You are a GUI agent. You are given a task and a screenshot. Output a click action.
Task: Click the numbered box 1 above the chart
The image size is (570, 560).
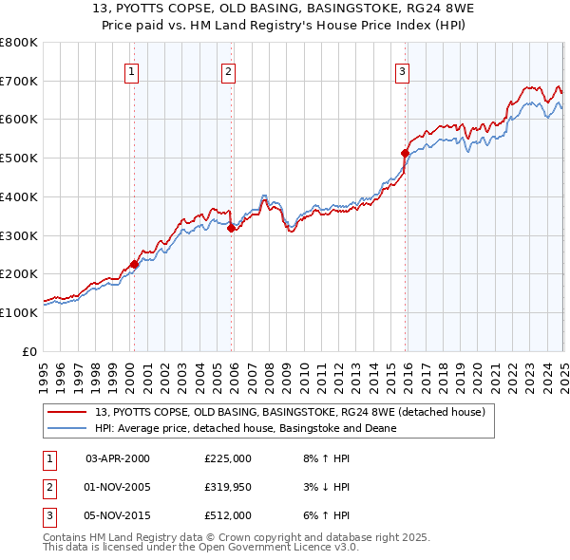pos(131,70)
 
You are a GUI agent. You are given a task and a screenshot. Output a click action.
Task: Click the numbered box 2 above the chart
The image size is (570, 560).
pos(229,70)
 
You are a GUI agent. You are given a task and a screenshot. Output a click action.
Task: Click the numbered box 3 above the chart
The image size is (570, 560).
pos(403,70)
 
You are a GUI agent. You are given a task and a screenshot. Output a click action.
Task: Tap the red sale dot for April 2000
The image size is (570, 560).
pos(134,265)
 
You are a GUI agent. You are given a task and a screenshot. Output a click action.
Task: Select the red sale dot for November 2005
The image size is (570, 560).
pos(232,228)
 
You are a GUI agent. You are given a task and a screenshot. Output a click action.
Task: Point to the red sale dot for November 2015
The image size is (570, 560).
pos(406,153)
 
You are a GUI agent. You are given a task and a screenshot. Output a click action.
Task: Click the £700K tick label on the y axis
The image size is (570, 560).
pos(20,82)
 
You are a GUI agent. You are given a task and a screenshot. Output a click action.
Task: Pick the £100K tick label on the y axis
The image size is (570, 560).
pos(20,312)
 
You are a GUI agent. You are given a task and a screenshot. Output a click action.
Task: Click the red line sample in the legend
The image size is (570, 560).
pos(68,412)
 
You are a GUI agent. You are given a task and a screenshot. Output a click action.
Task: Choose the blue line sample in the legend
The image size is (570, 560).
pos(68,428)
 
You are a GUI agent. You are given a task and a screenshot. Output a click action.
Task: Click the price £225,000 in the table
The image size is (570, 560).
pos(228,458)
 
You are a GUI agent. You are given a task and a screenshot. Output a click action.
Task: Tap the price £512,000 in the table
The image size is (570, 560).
pos(228,516)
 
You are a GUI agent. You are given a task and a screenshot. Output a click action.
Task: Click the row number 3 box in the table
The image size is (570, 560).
pos(47,516)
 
